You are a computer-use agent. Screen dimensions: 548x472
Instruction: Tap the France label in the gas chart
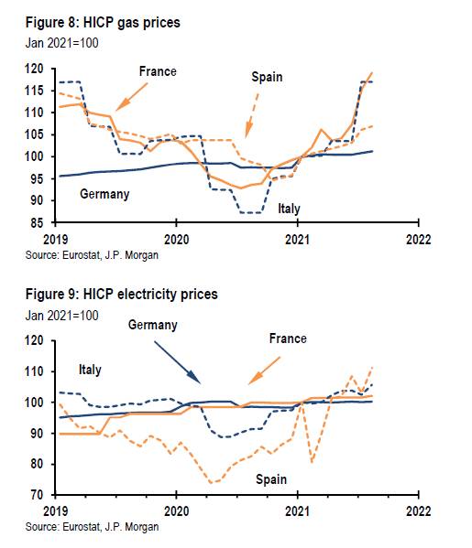point(158,71)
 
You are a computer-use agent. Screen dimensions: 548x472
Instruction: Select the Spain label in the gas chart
point(267,77)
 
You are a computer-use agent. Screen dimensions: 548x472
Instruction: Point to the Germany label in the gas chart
point(104,194)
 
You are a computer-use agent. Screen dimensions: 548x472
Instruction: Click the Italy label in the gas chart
point(289,209)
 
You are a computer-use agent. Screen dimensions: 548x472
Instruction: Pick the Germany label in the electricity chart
point(152,325)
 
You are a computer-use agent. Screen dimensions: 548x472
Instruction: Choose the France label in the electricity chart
point(287,338)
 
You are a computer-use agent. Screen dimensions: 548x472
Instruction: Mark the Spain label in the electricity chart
point(270,479)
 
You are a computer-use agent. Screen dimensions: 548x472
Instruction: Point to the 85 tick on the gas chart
point(37,222)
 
